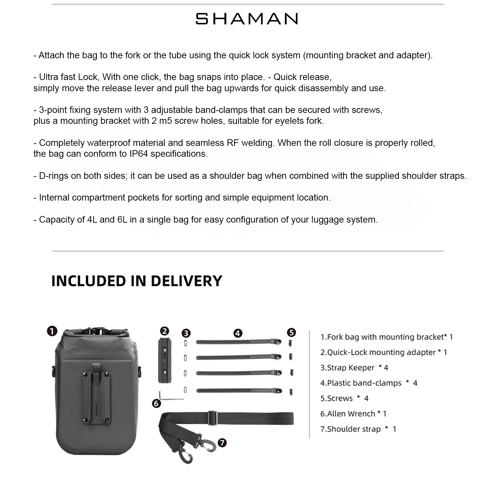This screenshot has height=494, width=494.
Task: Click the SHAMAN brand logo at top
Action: [x=247, y=19]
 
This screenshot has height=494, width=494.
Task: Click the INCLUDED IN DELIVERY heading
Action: [x=137, y=281]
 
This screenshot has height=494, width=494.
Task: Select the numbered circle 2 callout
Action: [x=164, y=331]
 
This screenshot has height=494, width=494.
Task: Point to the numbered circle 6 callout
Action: [x=156, y=403]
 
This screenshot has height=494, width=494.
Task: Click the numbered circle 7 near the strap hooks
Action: [x=222, y=443]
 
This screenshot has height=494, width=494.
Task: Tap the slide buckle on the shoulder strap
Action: [x=213, y=418]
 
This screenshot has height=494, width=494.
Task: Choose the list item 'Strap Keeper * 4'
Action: [x=354, y=368]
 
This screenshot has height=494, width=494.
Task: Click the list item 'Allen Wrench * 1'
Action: [x=353, y=414]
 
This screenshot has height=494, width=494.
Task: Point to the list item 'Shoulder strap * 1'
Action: [x=358, y=429]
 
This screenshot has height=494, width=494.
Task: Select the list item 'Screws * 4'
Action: [x=344, y=398]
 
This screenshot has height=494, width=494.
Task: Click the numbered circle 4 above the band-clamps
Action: [x=238, y=333]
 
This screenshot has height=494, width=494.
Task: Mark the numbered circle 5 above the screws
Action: [x=291, y=333]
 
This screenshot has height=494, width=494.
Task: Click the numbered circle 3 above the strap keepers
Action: [x=186, y=333]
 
